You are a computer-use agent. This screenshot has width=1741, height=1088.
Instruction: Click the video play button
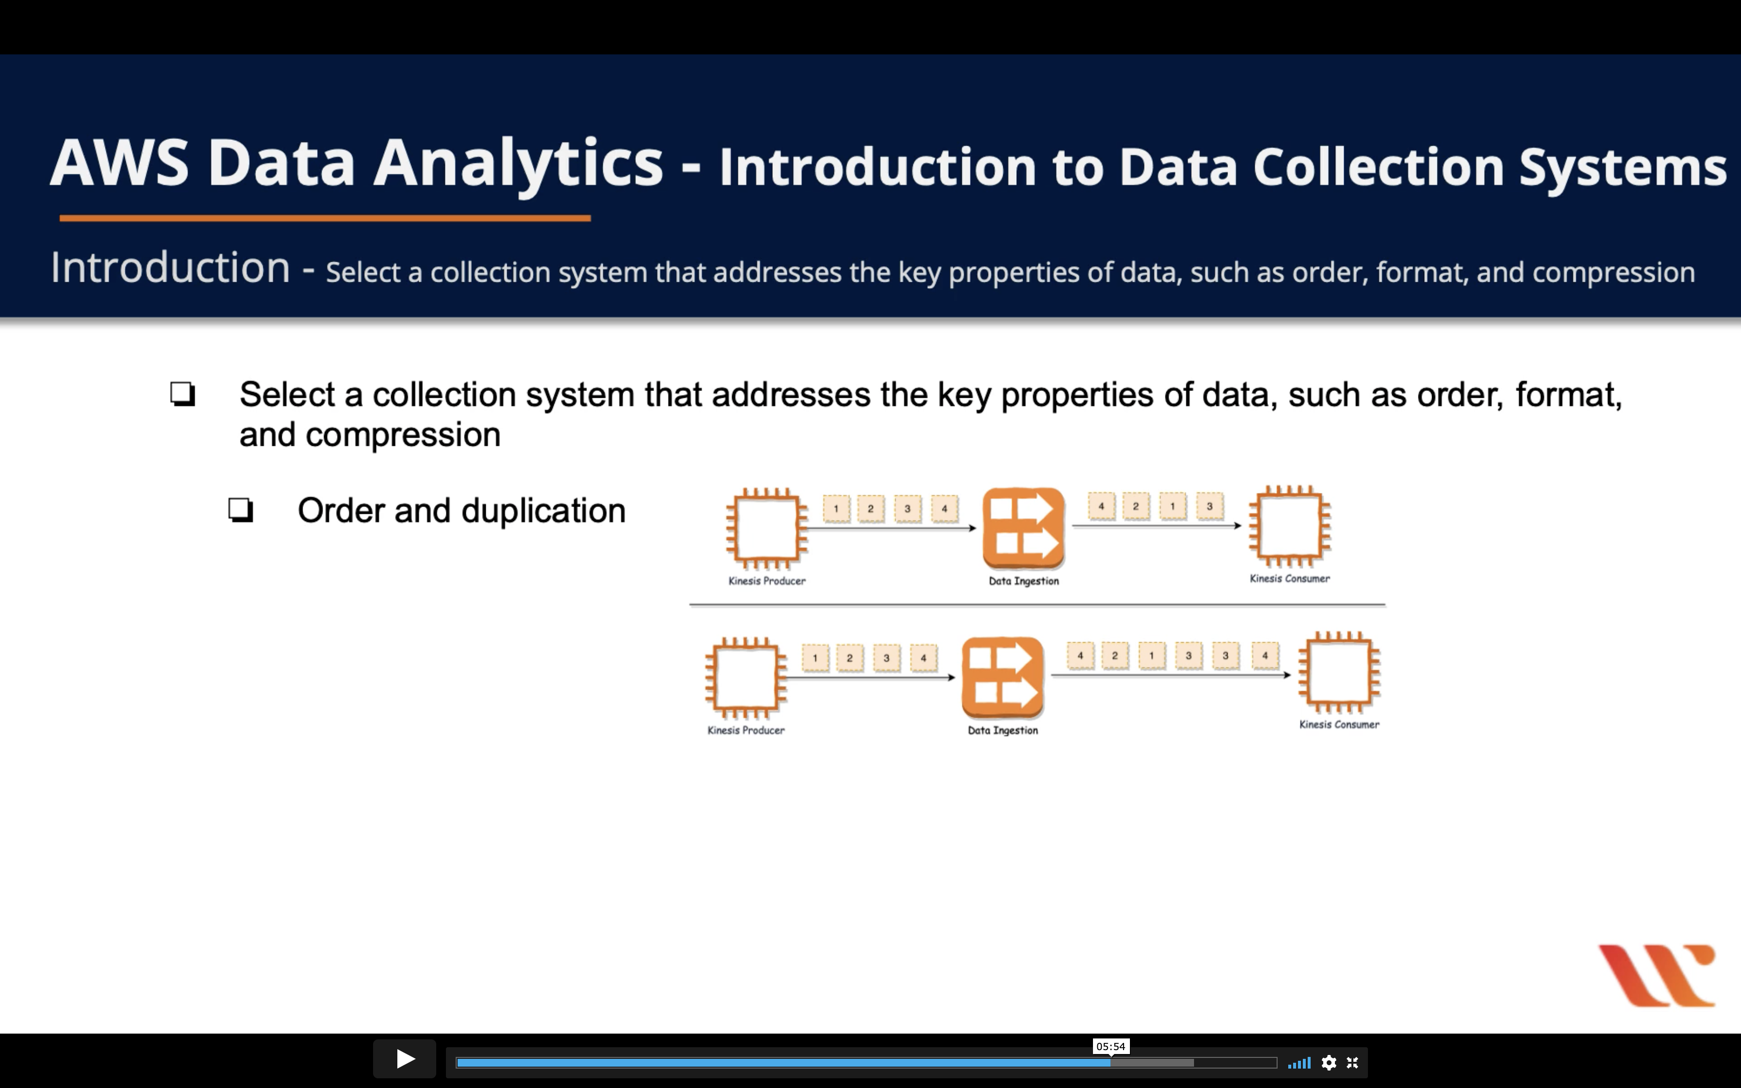[x=404, y=1059]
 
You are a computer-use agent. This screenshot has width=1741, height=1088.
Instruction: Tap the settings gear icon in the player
[x=1329, y=1063]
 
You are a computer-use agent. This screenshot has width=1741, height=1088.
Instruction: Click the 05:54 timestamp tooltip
[x=1110, y=1046]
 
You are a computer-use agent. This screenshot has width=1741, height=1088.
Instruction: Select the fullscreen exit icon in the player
[x=1352, y=1063]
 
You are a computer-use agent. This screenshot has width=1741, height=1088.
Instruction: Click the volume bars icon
[x=1299, y=1063]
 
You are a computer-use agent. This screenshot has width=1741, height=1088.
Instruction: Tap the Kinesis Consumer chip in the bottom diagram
[x=1339, y=672]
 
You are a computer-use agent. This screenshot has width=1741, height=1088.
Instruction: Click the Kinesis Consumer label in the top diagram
[x=1289, y=578]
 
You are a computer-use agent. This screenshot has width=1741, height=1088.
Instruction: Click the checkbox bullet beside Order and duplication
[x=241, y=510]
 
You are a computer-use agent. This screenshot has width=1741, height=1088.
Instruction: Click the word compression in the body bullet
[x=403, y=435]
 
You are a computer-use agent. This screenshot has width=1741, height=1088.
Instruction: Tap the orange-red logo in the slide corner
[x=1657, y=975]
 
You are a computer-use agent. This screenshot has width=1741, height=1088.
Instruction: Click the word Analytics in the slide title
[x=518, y=164]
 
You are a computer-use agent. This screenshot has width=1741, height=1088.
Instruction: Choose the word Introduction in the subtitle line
[x=171, y=269]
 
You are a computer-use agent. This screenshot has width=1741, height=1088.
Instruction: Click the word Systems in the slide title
[x=1622, y=167]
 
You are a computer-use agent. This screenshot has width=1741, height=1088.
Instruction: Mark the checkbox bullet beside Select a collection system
[x=183, y=394]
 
